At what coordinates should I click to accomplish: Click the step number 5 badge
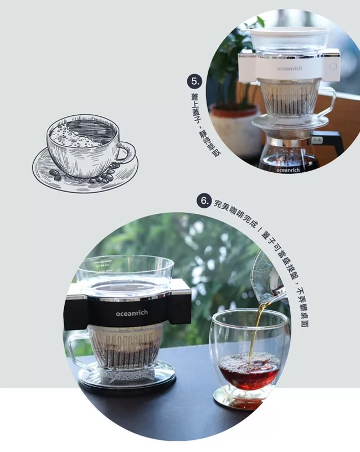tap(194, 81)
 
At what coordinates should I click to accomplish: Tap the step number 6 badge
tap(204, 201)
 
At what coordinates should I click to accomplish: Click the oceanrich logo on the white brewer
tap(289, 68)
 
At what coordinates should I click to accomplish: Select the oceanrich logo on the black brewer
tap(132, 313)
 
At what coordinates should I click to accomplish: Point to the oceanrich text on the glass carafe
tap(288, 170)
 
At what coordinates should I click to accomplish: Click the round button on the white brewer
tap(333, 66)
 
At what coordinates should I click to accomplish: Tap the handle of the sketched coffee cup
tap(126, 152)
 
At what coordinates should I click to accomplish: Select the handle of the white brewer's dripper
tap(328, 101)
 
